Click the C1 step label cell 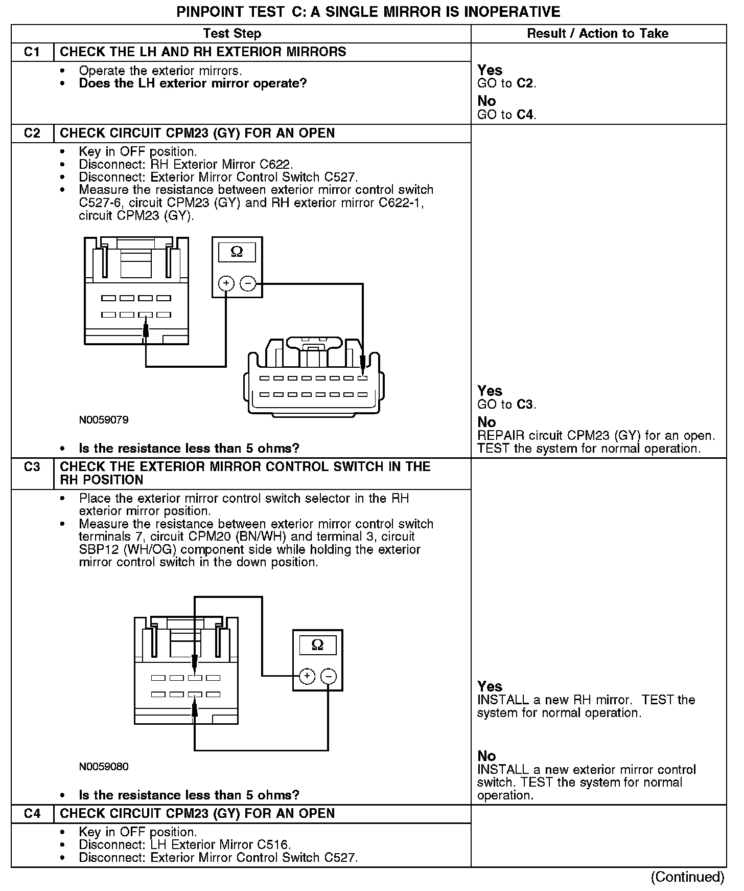32,52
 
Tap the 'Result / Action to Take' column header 597,34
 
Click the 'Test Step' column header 232,34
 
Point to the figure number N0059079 104,420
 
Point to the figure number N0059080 104,767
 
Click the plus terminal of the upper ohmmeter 226,283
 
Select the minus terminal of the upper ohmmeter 248,283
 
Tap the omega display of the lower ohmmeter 317,645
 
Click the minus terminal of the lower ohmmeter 328,676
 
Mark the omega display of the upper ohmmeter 237,252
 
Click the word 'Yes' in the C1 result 490,70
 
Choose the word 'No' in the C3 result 486,756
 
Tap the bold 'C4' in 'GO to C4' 526,115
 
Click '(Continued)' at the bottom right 687,877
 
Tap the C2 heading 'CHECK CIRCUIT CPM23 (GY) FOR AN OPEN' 197,133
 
